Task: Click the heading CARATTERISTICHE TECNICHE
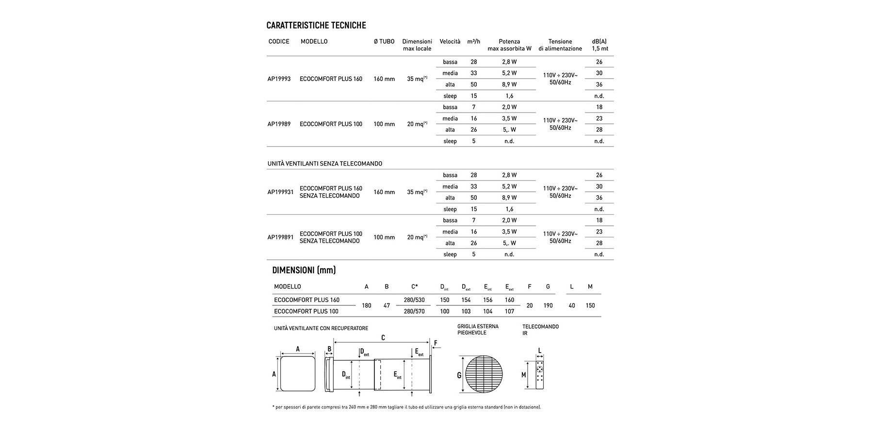pos(316,25)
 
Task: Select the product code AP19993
pos(279,79)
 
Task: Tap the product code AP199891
pos(280,237)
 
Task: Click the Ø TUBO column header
pos(384,42)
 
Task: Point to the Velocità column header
pos(450,42)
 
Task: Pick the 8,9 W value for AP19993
pos(509,84)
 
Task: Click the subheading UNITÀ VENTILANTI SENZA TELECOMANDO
pos(324,164)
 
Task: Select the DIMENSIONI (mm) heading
pos(304,270)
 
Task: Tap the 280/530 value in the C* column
pos(414,300)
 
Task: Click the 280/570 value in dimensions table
pos(414,311)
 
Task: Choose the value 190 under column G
pos(548,305)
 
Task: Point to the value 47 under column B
pos(387,305)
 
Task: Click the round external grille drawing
pos(481,374)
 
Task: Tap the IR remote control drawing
pos(540,375)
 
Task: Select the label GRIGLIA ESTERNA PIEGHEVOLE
pos(478,330)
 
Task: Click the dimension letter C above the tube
pos(383,337)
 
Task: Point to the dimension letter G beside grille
pos(459,375)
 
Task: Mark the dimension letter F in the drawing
pos(436,343)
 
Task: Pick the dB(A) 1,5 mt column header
pos(599,45)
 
